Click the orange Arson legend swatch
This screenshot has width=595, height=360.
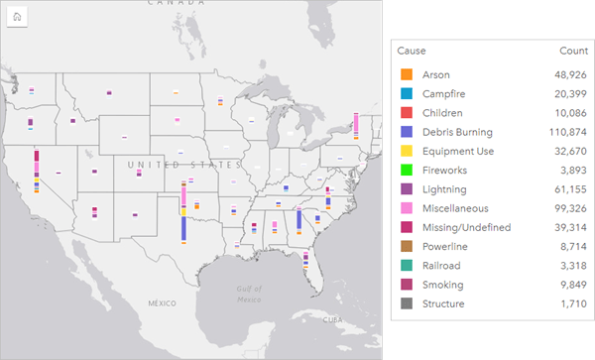(x=407, y=74)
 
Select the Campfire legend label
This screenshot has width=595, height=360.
(x=443, y=93)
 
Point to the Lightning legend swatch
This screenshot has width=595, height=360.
(x=407, y=189)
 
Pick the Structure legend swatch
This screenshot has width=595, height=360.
(x=407, y=303)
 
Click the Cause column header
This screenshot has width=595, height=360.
(x=412, y=50)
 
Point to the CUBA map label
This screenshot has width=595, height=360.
(x=342, y=319)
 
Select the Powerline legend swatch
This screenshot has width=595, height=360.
(x=407, y=246)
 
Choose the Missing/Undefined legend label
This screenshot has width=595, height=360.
(x=466, y=227)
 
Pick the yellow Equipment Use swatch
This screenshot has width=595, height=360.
(x=407, y=151)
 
